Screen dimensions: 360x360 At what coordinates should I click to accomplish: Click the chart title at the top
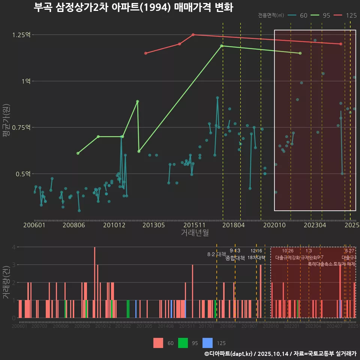pos(133,7)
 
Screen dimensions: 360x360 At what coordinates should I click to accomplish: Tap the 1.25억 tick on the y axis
pos(21,35)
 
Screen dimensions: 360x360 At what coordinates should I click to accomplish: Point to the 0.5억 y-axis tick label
pos(23,174)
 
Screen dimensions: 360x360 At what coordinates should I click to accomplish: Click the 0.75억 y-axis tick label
pos(21,127)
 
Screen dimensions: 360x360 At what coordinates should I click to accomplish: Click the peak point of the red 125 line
pos(193,34)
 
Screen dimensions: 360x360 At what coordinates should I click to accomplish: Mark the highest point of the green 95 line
pos(222,46)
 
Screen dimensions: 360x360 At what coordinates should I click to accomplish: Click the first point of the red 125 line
pos(145,53)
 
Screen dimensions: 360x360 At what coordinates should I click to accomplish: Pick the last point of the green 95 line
pos(300,53)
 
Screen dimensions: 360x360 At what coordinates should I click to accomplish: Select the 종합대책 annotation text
pos(235,258)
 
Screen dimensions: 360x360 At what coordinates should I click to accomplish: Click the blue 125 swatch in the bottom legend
pos(207,343)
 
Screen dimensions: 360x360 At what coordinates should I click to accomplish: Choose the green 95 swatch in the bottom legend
pos(183,343)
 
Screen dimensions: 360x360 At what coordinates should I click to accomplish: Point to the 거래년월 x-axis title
pos(195,232)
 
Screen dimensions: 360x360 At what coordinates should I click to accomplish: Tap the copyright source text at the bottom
pos(280,354)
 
